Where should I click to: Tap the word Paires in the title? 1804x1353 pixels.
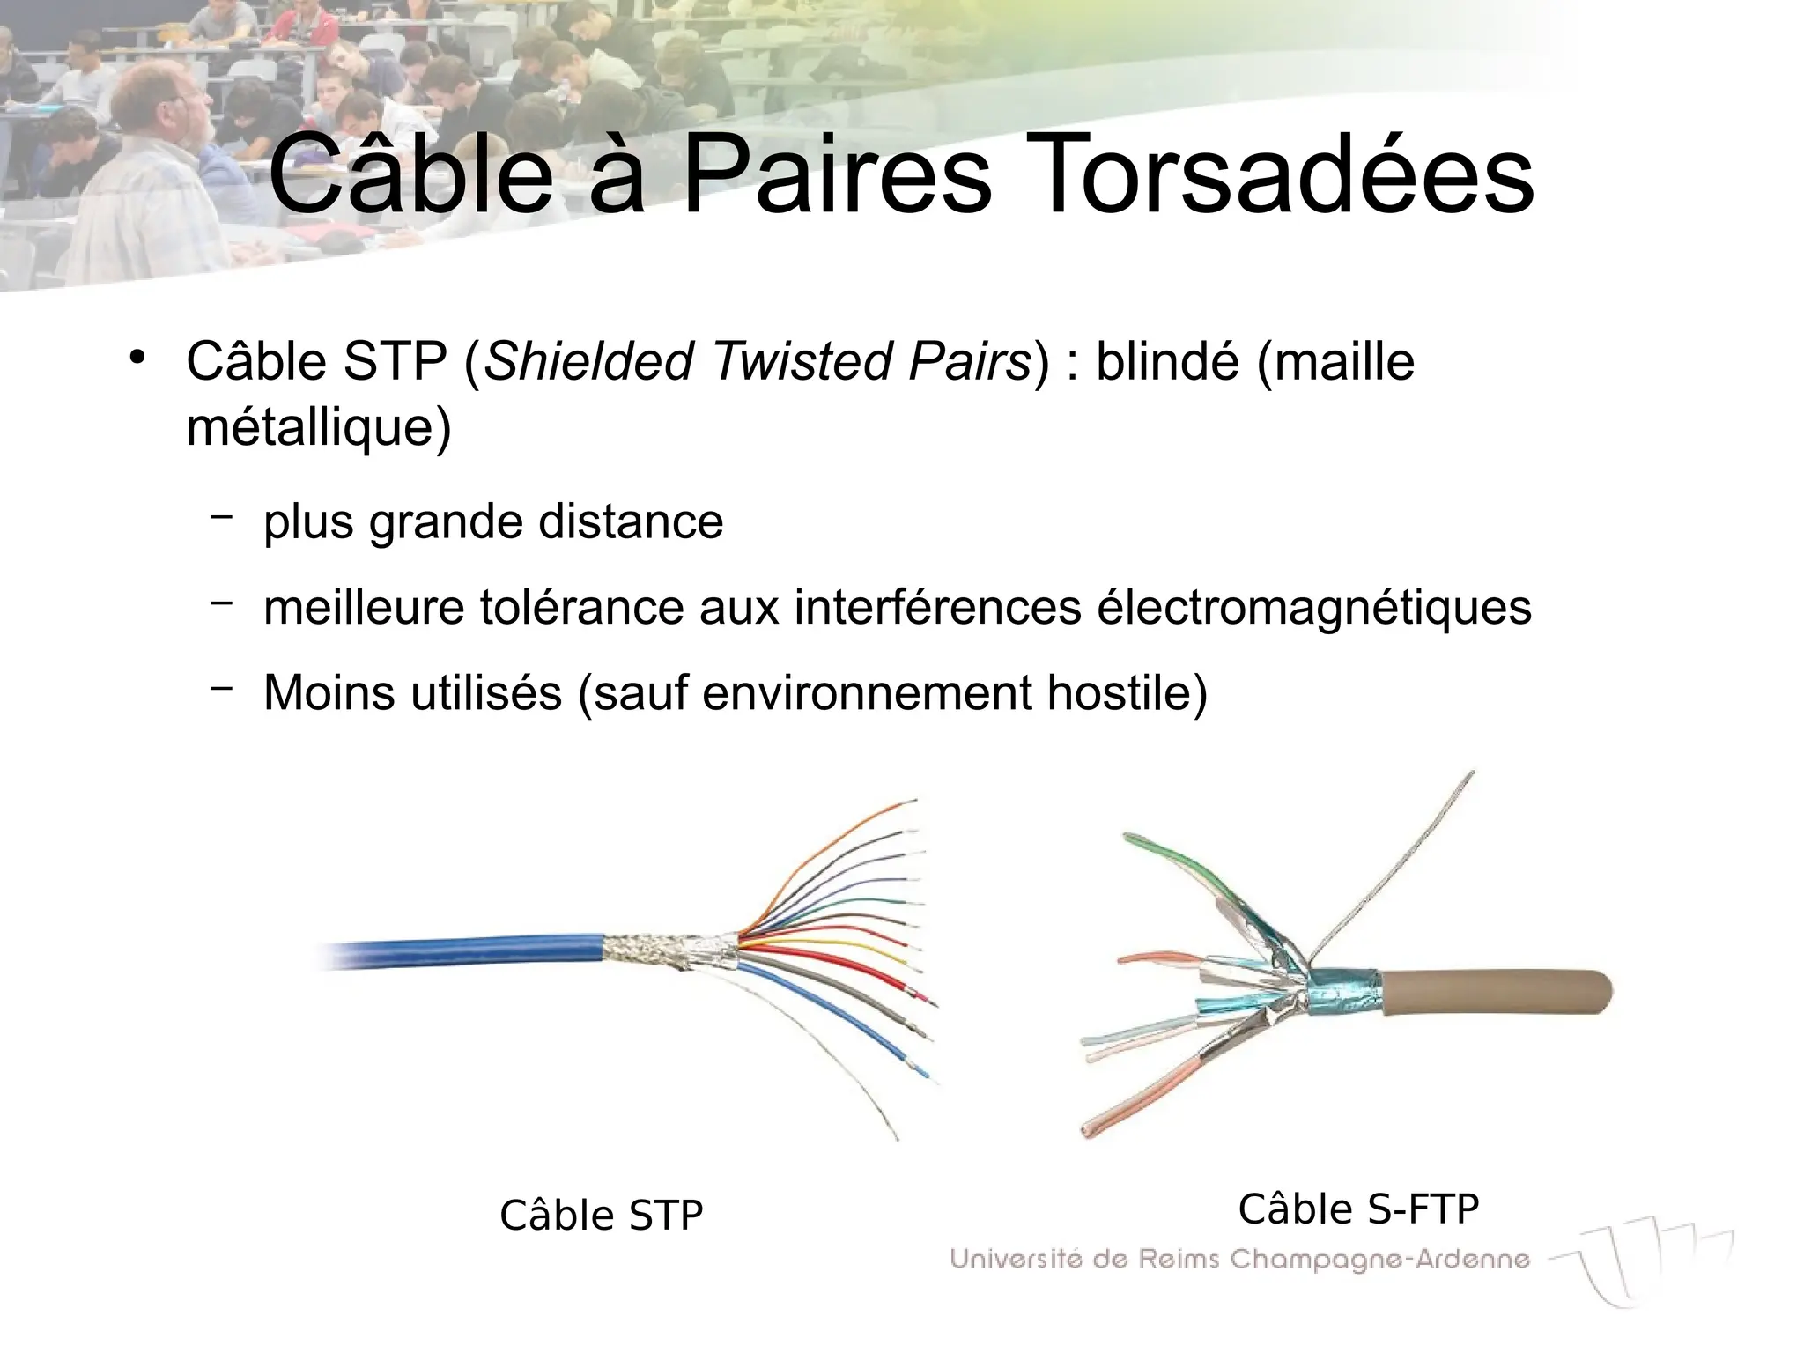(x=837, y=175)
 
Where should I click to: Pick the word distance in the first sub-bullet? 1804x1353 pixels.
(x=631, y=521)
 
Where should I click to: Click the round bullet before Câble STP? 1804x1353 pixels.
(x=136, y=358)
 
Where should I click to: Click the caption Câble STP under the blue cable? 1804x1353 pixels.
(x=601, y=1216)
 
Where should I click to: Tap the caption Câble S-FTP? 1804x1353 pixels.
(x=1358, y=1209)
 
